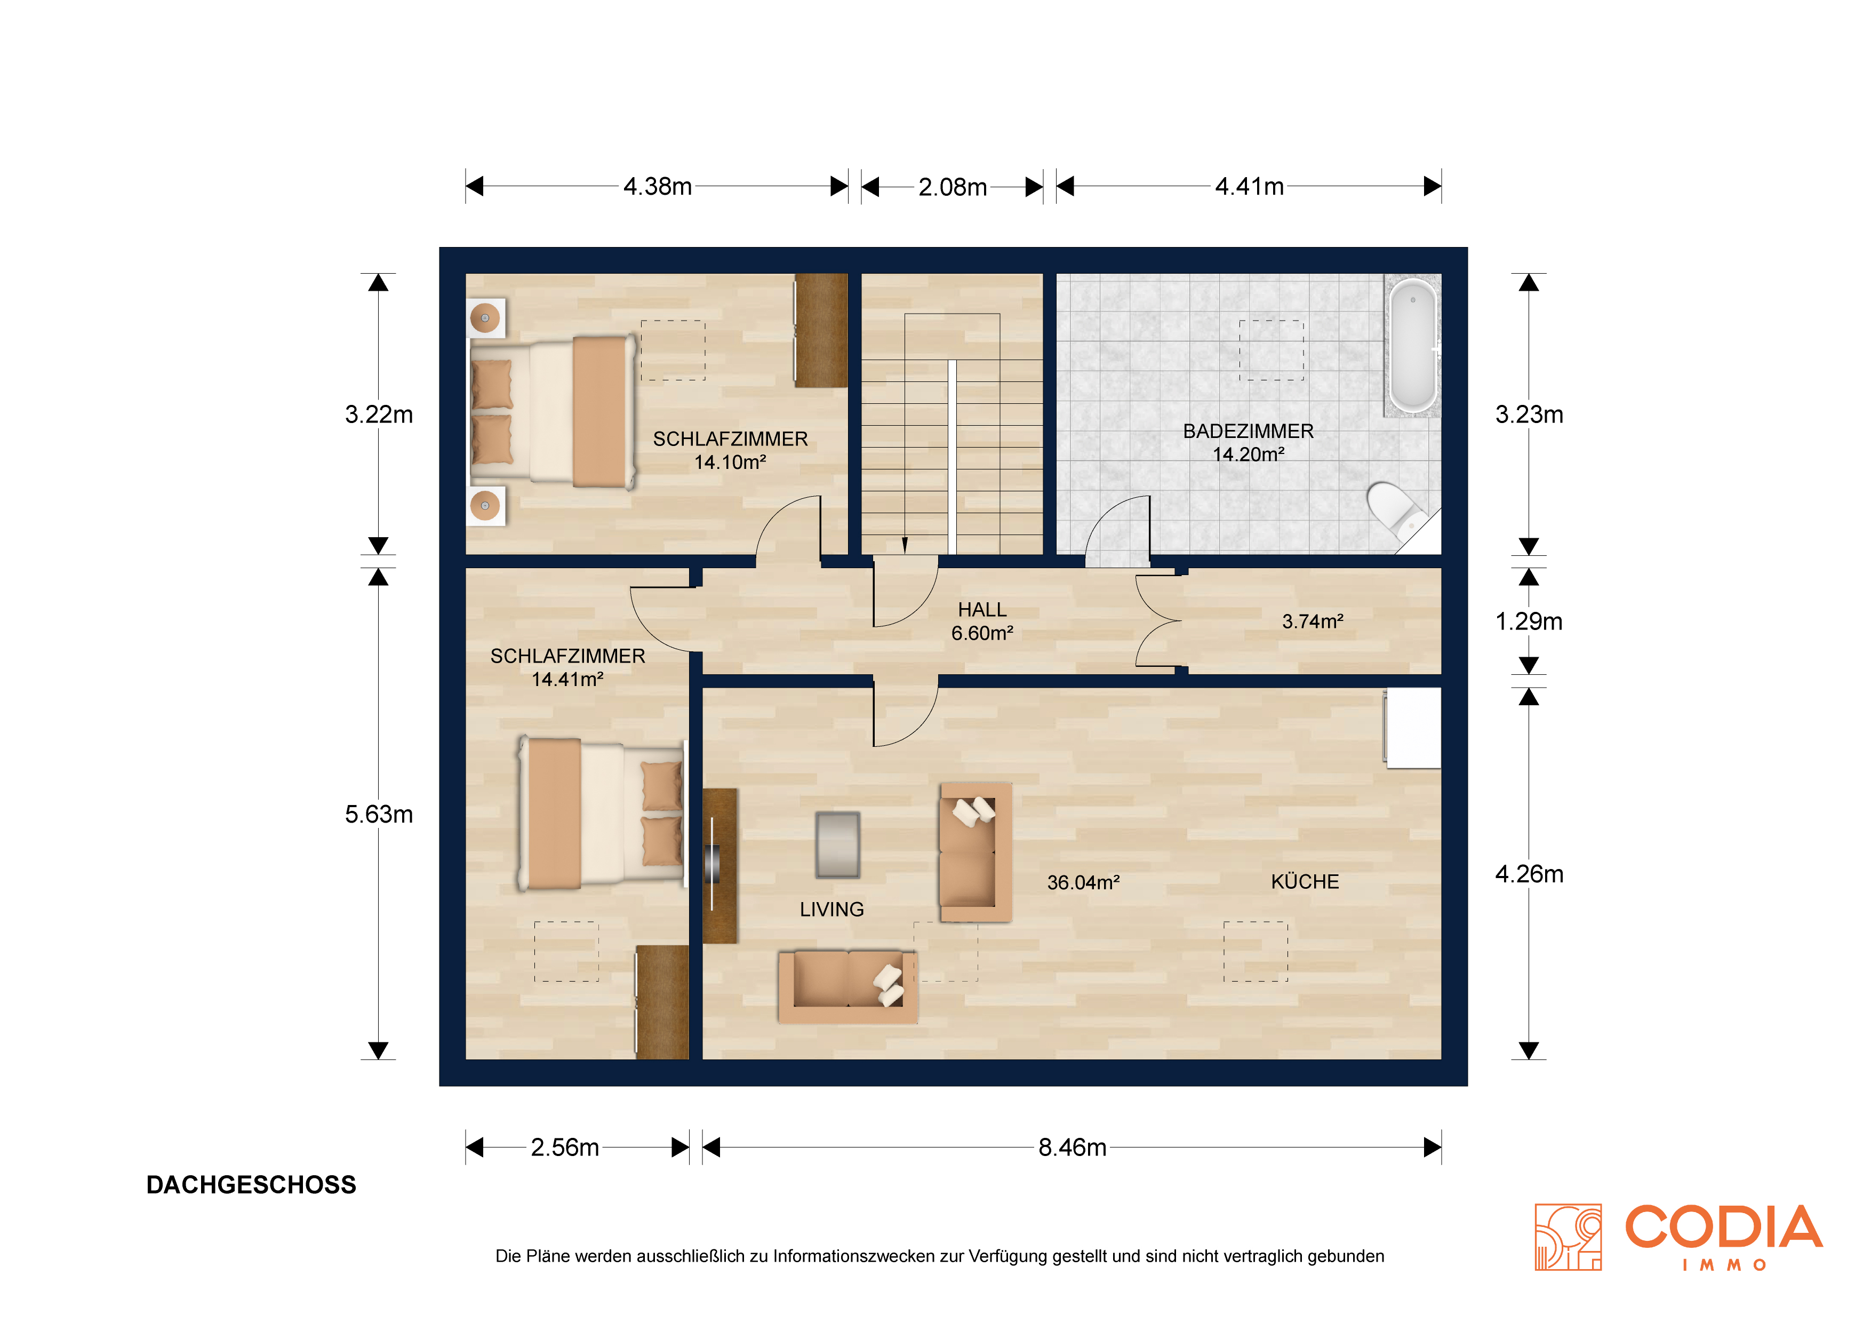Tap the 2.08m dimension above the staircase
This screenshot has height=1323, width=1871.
point(952,187)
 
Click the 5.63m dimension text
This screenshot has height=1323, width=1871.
point(379,815)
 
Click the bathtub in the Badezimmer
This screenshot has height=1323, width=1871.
point(1413,346)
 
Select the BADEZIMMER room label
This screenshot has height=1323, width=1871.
point(1249,431)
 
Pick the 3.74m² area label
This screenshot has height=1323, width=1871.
point(1313,621)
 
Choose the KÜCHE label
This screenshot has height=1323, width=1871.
point(1305,881)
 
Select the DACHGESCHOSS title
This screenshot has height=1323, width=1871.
point(251,1184)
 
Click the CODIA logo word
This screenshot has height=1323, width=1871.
point(1723,1227)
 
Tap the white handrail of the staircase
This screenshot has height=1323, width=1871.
point(952,457)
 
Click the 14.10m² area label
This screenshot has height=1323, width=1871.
point(730,462)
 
